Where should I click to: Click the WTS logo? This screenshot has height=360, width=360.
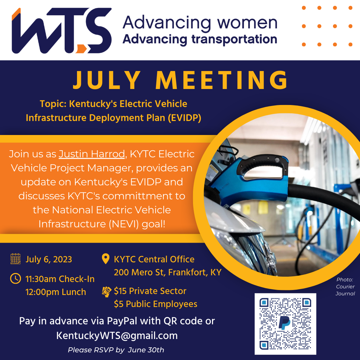pos(62,31)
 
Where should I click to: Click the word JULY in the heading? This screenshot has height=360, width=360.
pos(107,80)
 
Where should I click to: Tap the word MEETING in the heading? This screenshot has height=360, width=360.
pos(222,80)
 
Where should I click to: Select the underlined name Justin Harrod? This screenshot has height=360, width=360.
pos(92,154)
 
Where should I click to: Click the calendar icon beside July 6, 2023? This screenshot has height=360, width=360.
pos(16,259)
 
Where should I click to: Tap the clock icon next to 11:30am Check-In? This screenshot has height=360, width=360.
pos(16,278)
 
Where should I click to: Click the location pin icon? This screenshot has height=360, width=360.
pos(106,259)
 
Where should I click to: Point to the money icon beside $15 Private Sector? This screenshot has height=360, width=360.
pos(106,291)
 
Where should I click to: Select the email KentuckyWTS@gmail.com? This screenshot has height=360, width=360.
pos(117,335)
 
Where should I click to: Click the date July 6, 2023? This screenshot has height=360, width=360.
pos(49,259)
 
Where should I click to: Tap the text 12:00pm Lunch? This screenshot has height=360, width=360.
pos(56,292)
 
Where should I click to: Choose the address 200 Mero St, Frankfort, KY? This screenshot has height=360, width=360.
pos(167,272)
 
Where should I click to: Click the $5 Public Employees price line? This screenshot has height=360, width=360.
pos(155,304)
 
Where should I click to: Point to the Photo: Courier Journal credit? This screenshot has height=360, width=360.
pos(345,287)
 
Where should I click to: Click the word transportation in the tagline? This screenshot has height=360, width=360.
pos(234,39)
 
